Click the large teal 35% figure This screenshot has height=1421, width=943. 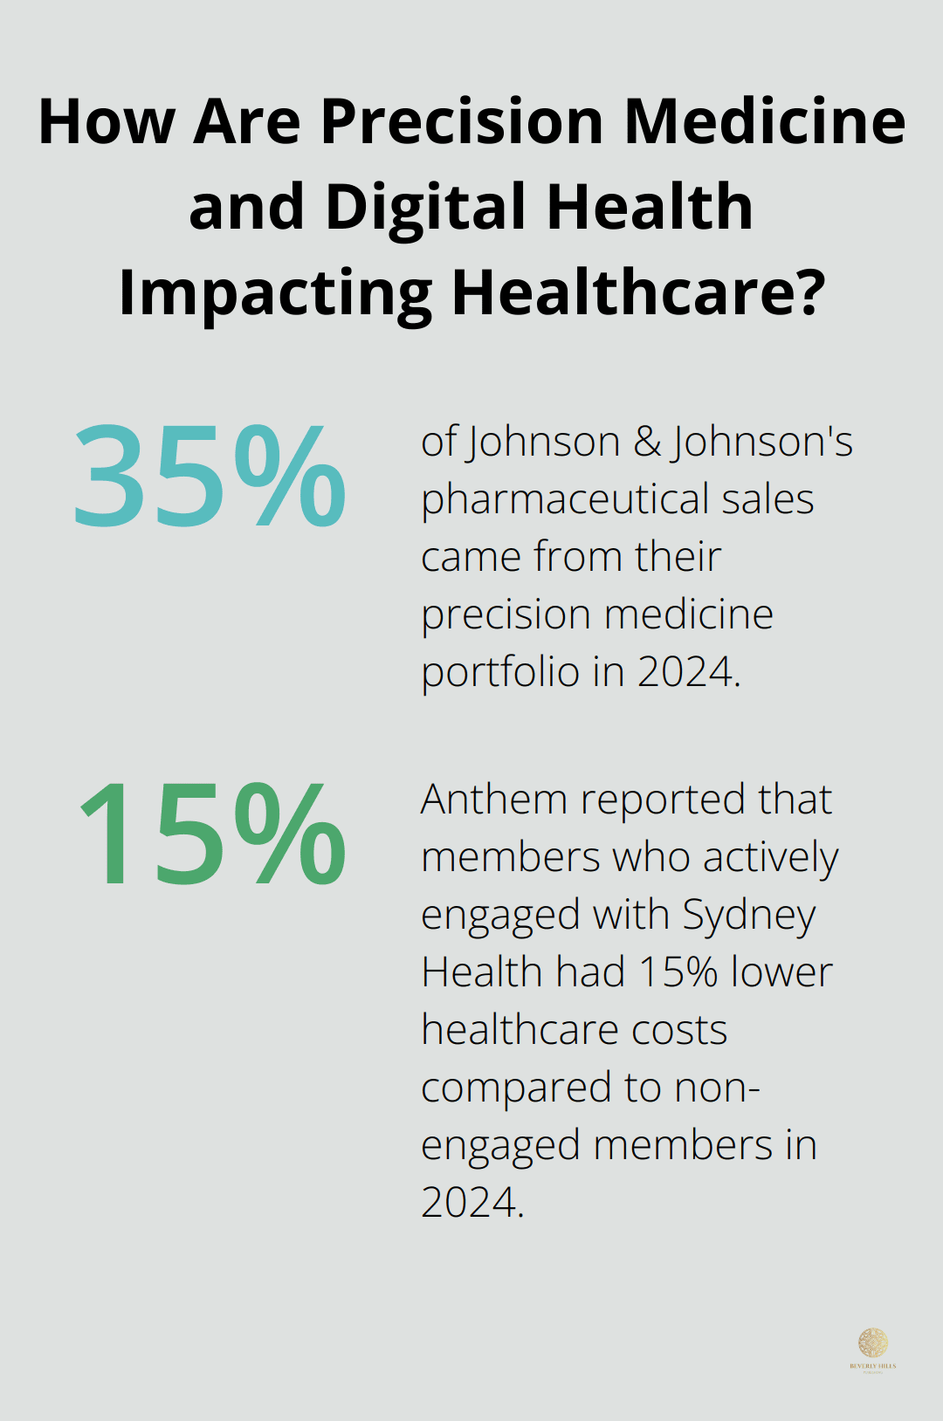(x=210, y=477)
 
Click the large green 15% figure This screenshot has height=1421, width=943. (x=212, y=834)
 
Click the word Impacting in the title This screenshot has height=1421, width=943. (x=275, y=294)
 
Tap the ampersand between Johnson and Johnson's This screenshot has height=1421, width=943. (x=647, y=442)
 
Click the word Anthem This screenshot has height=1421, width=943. (x=493, y=800)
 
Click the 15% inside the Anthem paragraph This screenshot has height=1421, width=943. (x=678, y=972)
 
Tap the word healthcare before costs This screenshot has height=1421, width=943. (x=520, y=1030)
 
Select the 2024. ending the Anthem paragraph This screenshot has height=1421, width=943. (x=472, y=1203)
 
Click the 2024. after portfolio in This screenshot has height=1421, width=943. (x=689, y=672)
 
